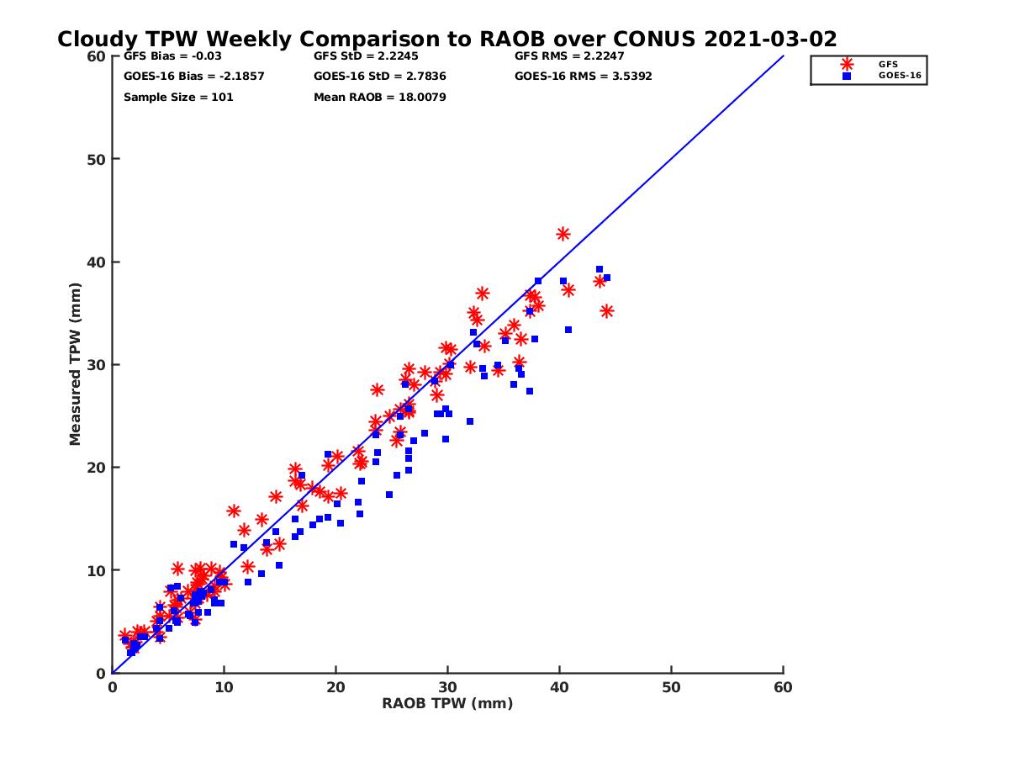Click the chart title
(x=446, y=40)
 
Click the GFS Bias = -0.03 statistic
(x=172, y=56)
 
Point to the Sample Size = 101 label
(x=178, y=97)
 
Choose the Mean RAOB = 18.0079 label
(x=379, y=97)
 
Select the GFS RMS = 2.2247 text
(x=569, y=56)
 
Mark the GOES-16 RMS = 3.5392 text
(x=583, y=77)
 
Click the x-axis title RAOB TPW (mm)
(x=447, y=704)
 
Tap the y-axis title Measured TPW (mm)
(x=76, y=364)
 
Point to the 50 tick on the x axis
(x=672, y=687)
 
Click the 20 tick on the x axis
(x=336, y=687)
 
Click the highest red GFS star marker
(x=563, y=234)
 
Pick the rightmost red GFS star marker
(x=607, y=311)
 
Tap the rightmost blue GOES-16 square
(x=606, y=278)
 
